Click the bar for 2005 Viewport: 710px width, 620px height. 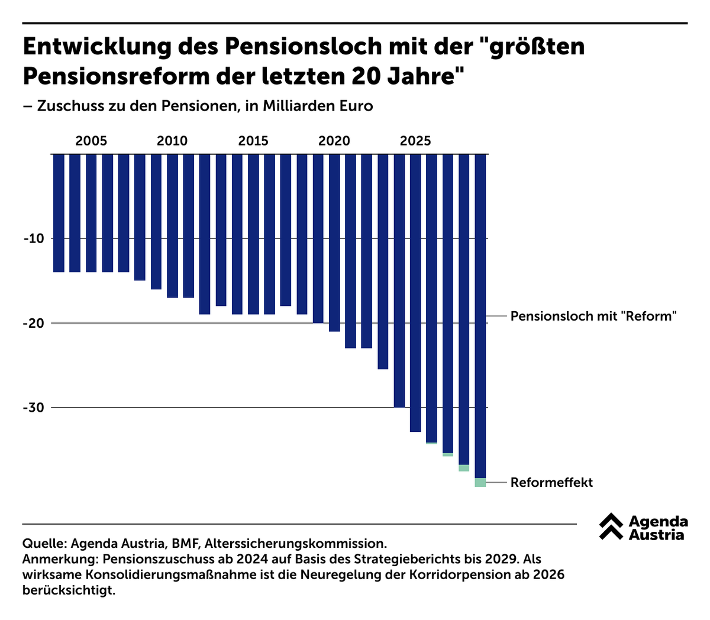pyautogui.click(x=91, y=213)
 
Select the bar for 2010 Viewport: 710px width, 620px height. pyautogui.click(x=172, y=225)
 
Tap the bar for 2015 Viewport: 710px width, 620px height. pyautogui.click(x=253, y=234)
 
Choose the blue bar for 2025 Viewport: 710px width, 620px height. pyautogui.click(x=415, y=293)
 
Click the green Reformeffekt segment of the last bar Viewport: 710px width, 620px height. pyautogui.click(x=480, y=482)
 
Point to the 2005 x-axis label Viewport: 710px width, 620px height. pyautogui.click(x=91, y=141)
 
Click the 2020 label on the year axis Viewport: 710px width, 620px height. pyautogui.click(x=334, y=141)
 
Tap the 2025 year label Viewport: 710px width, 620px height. pyautogui.click(x=415, y=141)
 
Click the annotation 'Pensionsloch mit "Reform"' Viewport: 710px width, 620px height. pyautogui.click(x=593, y=316)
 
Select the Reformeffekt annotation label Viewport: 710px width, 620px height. pyautogui.click(x=551, y=482)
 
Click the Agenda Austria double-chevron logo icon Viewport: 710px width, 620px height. pyautogui.click(x=611, y=527)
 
